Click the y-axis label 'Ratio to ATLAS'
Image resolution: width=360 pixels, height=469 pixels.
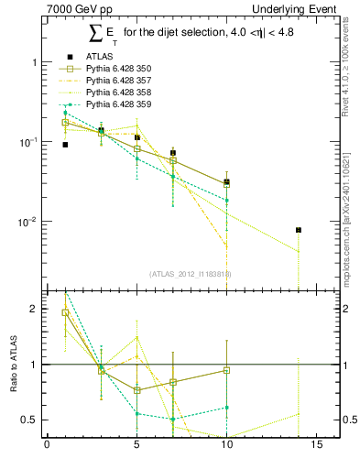[x=13, y=365]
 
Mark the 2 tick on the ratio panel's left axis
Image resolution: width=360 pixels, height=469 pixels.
[x=33, y=309]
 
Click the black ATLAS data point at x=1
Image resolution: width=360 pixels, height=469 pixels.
[x=65, y=145]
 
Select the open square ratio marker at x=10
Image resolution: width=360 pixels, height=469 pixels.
[x=226, y=371]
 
